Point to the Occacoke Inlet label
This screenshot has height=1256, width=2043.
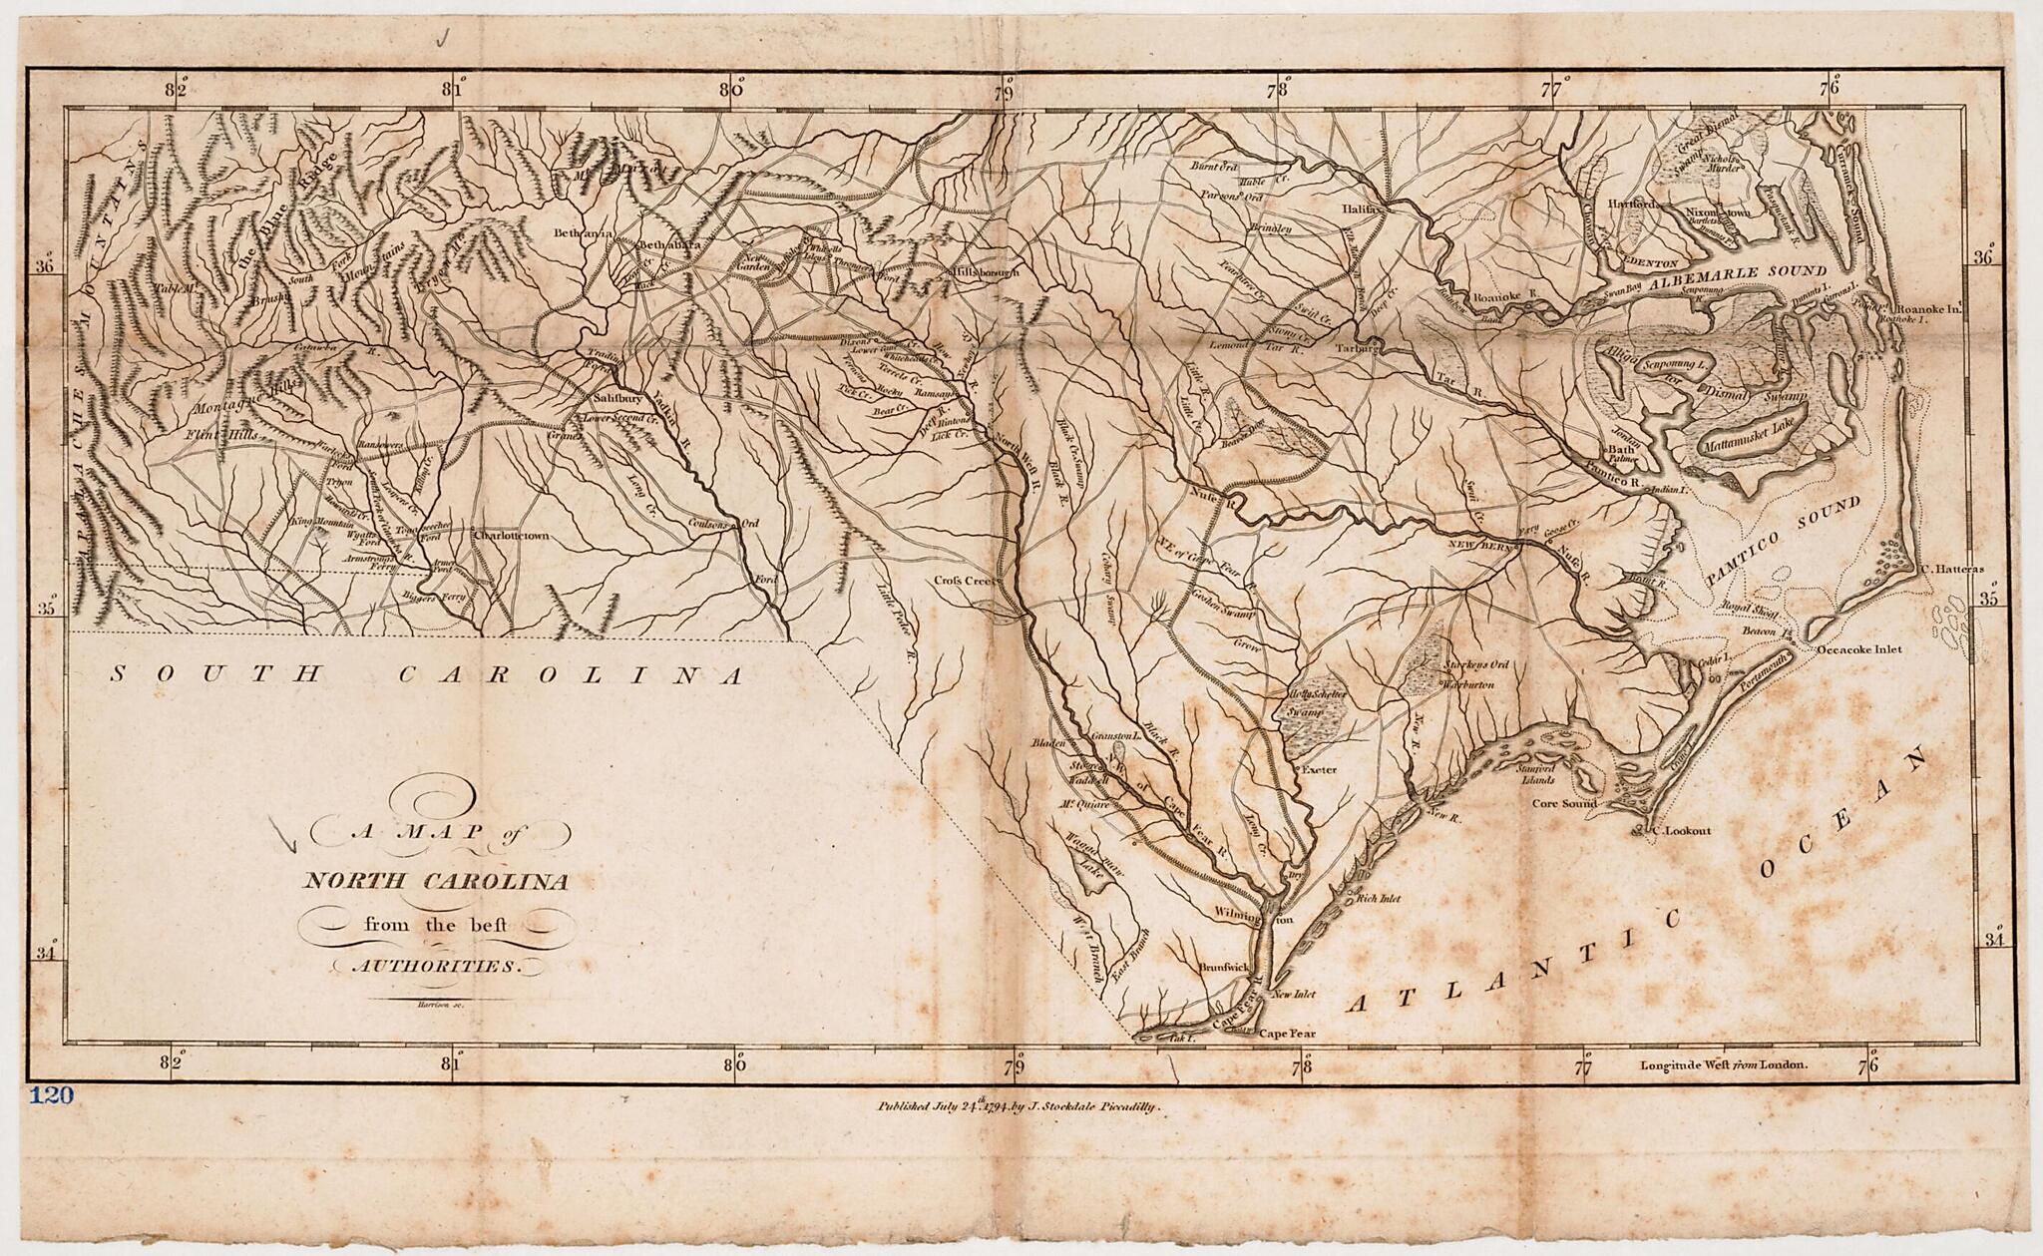coord(1860,649)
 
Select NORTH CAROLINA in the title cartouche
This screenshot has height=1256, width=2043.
coord(437,882)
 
